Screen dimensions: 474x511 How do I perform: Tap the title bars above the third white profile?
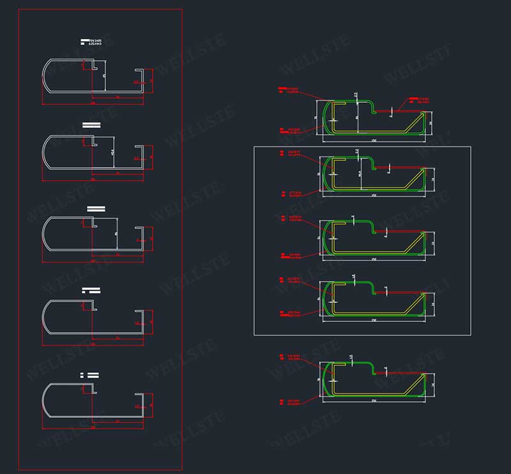pos(96,208)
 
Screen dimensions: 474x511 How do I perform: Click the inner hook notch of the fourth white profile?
pos(94,303)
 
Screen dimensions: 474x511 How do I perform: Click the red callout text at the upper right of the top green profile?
pos(419,100)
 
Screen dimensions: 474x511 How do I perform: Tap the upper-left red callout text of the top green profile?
pos(291,90)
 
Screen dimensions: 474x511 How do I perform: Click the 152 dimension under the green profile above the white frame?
pos(372,139)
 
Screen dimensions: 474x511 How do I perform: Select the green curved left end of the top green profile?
pos(326,118)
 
